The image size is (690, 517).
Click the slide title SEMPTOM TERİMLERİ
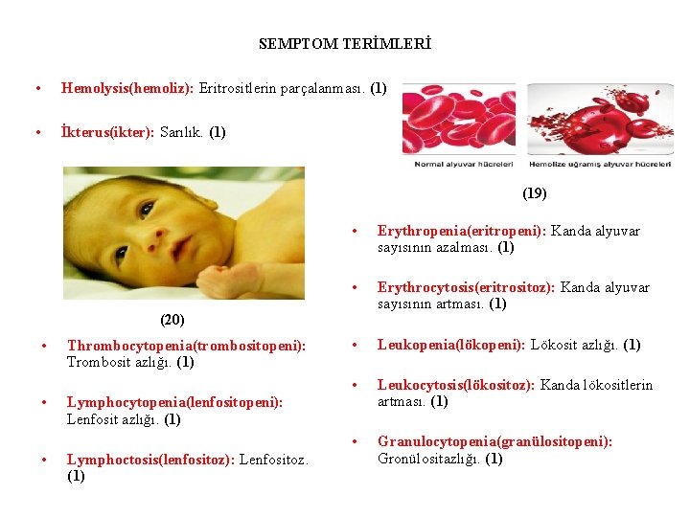click(x=345, y=44)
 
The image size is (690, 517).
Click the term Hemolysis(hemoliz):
click(x=127, y=88)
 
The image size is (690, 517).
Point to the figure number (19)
click(x=535, y=193)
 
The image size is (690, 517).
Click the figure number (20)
click(x=172, y=319)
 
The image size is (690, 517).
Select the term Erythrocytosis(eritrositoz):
click(x=468, y=287)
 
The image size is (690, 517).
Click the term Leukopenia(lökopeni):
click(x=447, y=345)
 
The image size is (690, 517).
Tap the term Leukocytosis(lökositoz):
click(x=457, y=385)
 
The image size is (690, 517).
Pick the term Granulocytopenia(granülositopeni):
click(x=494, y=441)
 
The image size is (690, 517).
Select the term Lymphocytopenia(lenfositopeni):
click(x=174, y=402)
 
